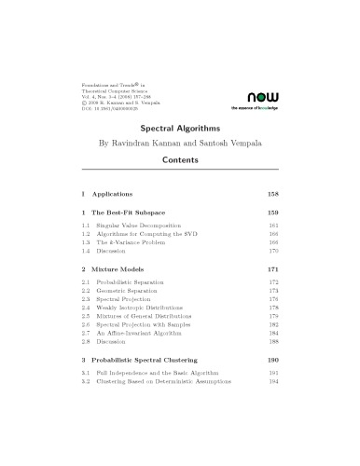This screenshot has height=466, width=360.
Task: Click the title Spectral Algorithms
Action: tap(180, 131)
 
